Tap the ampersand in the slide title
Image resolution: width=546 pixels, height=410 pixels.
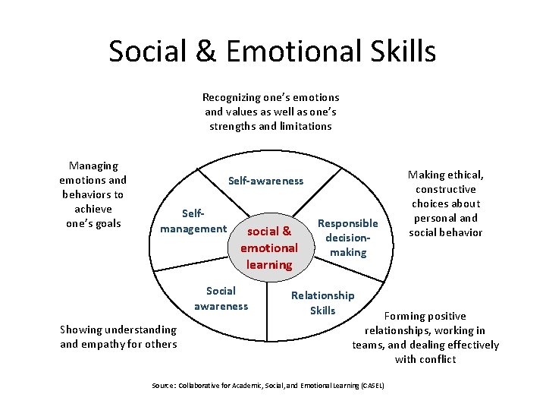[202, 52]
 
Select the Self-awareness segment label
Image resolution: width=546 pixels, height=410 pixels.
[265, 181]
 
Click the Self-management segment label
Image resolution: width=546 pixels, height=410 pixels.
[193, 221]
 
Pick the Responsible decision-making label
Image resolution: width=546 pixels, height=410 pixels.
[347, 238]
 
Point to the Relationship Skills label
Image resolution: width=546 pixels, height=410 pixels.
[322, 302]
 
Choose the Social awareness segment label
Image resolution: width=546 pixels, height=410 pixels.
[221, 298]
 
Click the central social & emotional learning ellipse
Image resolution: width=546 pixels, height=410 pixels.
[269, 248]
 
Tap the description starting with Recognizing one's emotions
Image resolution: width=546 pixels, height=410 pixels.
[271, 112]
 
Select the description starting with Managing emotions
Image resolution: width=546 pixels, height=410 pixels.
[93, 194]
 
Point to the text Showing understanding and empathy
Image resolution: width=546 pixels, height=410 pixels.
[118, 336]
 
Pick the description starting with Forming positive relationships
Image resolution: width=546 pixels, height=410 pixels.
[425, 337]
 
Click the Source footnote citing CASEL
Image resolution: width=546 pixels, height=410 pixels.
[268, 386]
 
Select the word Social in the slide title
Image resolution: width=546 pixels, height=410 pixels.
[146, 52]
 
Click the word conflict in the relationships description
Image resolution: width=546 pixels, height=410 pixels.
[436, 359]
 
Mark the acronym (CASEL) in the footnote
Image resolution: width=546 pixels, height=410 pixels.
[371, 386]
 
